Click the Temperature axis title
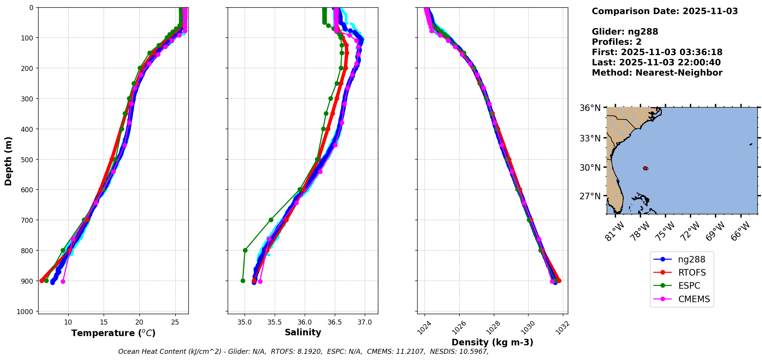click(x=113, y=333)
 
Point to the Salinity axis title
click(x=303, y=333)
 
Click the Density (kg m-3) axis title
click(x=492, y=342)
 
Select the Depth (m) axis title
click(x=8, y=161)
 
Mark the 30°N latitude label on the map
click(x=590, y=168)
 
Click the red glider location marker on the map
click(x=645, y=168)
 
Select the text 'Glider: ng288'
click(x=625, y=32)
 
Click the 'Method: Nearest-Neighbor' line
click(x=657, y=73)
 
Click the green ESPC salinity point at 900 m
click(x=243, y=281)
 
